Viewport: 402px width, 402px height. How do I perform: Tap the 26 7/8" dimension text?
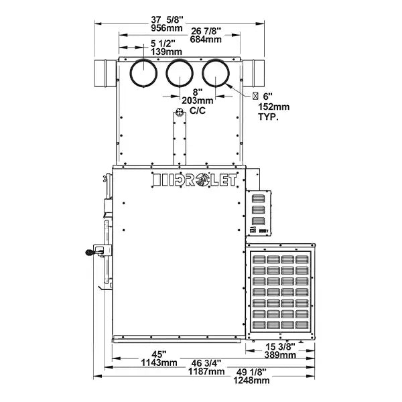pos(205,31)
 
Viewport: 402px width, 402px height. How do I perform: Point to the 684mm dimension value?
pos(205,40)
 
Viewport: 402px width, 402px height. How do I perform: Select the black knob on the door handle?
pos(89,253)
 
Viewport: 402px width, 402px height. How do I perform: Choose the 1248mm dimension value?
pos(252,381)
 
